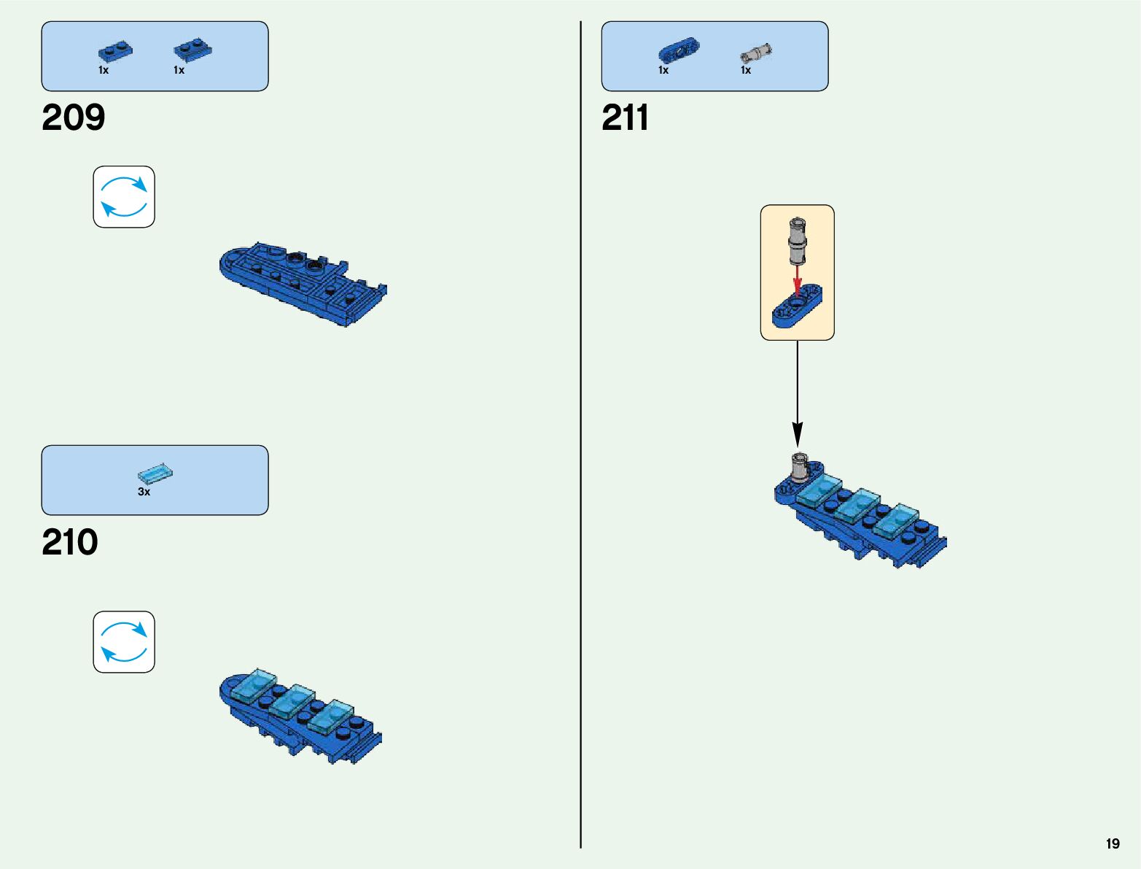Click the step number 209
[73, 118]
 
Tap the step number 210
[70, 543]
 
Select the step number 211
[625, 118]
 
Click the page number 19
[1113, 844]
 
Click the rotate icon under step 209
[124, 197]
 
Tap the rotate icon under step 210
[124, 642]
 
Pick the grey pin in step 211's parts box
[756, 53]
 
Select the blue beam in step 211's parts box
[679, 51]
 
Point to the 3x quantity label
[144, 493]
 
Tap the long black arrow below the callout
[798, 394]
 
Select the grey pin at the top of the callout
[798, 239]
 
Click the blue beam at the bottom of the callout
[797, 309]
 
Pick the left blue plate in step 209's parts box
[115, 52]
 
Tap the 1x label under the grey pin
[746, 71]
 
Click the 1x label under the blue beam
[663, 71]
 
